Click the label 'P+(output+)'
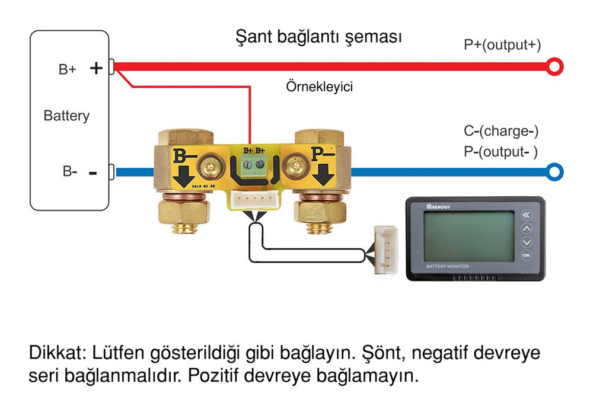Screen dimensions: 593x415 click(502, 45)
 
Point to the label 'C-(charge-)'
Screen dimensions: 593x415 click(501, 131)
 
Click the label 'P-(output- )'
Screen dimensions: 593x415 click(500, 152)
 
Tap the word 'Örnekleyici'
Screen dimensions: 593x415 click(319, 87)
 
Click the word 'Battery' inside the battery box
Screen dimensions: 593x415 click(66, 116)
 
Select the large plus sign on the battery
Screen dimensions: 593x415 click(96, 68)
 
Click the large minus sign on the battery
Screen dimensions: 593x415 click(93, 174)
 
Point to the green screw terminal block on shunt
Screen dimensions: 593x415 click(254, 165)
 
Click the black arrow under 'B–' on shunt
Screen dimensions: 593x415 click(183, 177)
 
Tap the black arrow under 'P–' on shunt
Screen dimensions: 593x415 click(324, 174)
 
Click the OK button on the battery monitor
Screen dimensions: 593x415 click(527, 256)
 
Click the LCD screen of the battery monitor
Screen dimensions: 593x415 click(469, 236)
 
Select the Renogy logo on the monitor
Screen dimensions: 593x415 click(438, 207)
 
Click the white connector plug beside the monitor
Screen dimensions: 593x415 click(386, 250)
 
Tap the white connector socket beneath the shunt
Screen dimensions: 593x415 click(254, 199)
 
